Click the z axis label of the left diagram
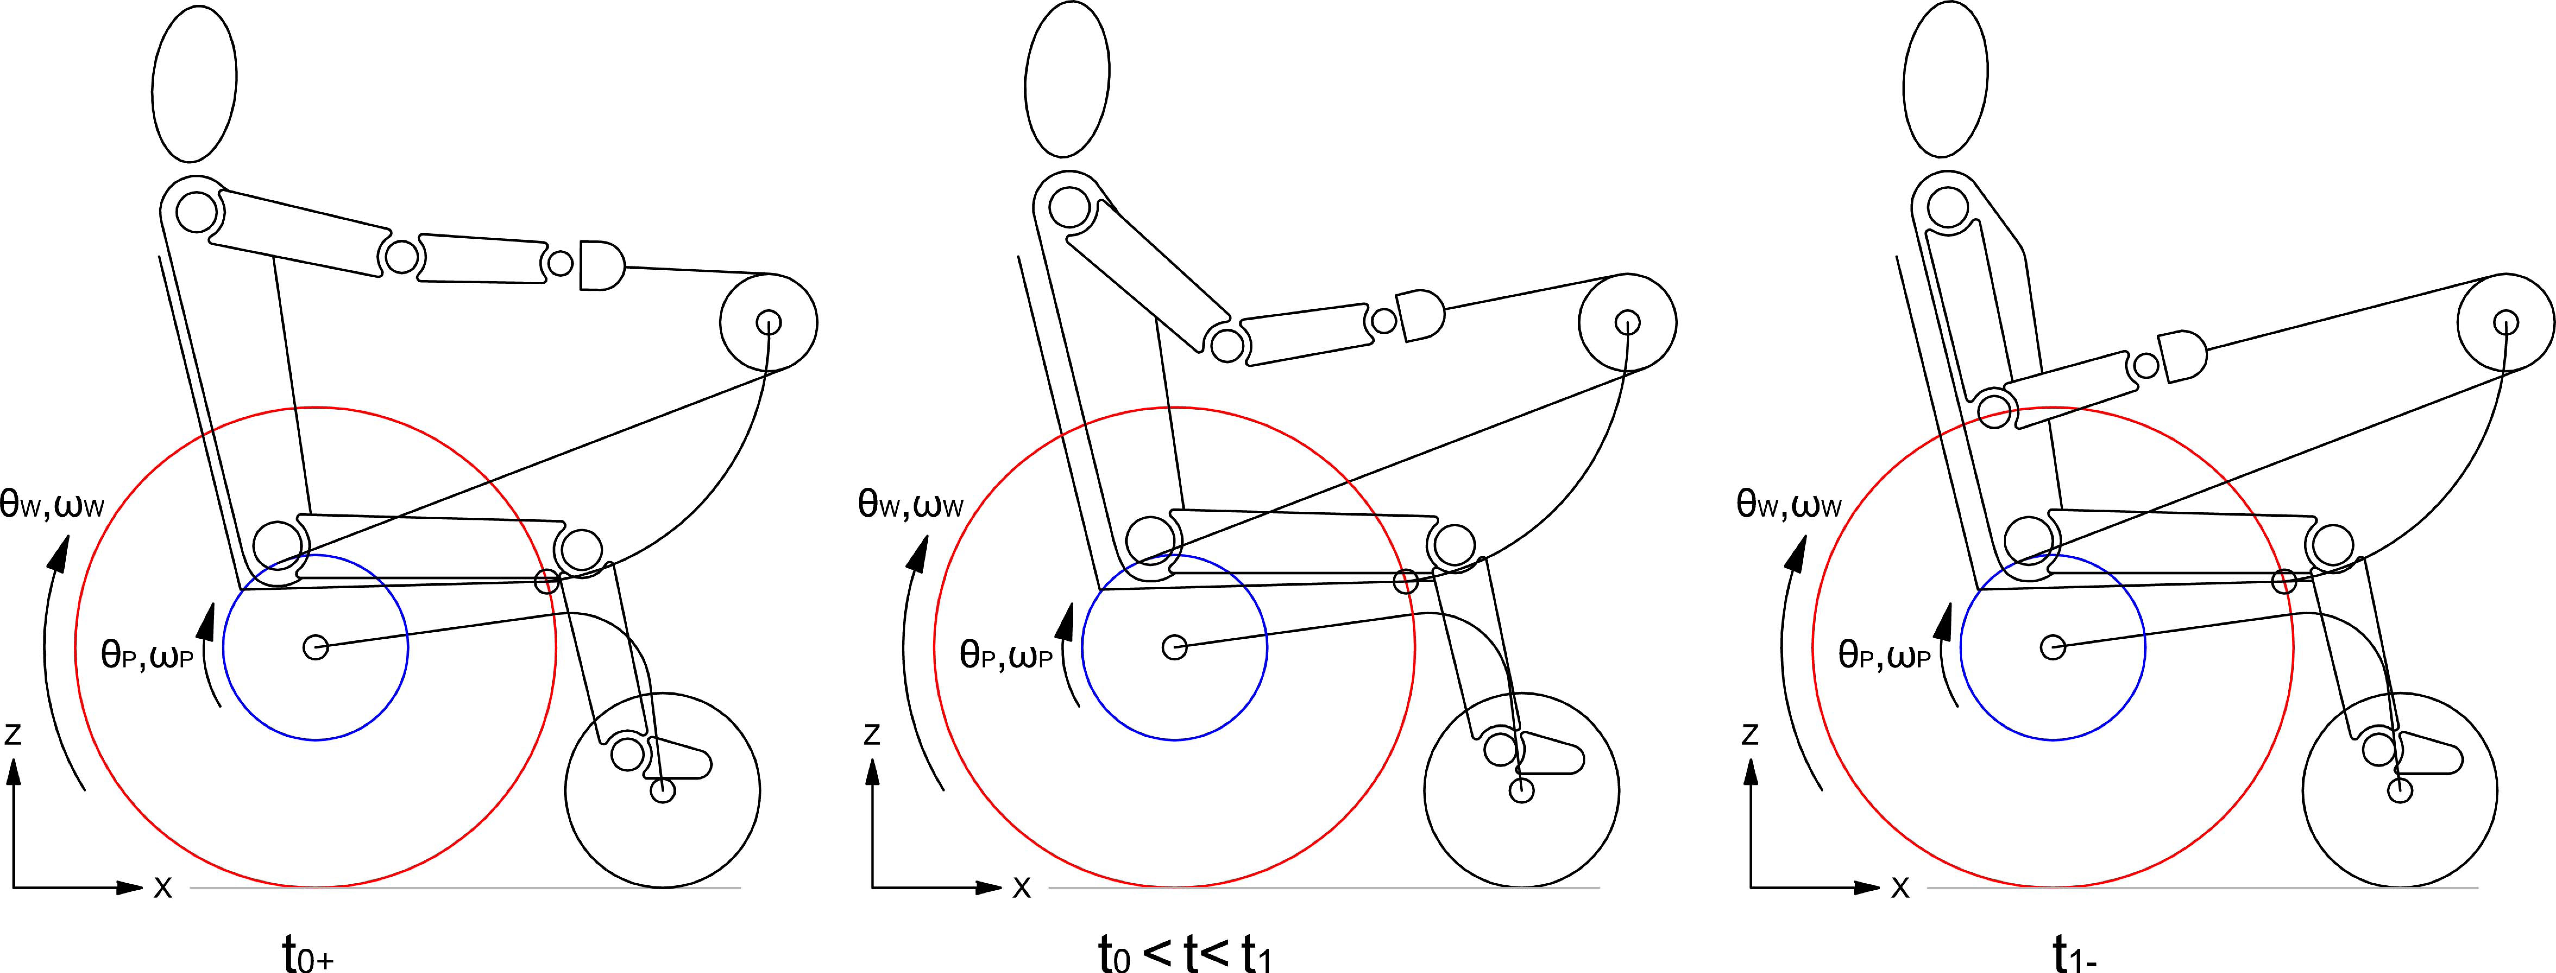(x=13, y=734)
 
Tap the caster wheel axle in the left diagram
(x=663, y=790)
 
